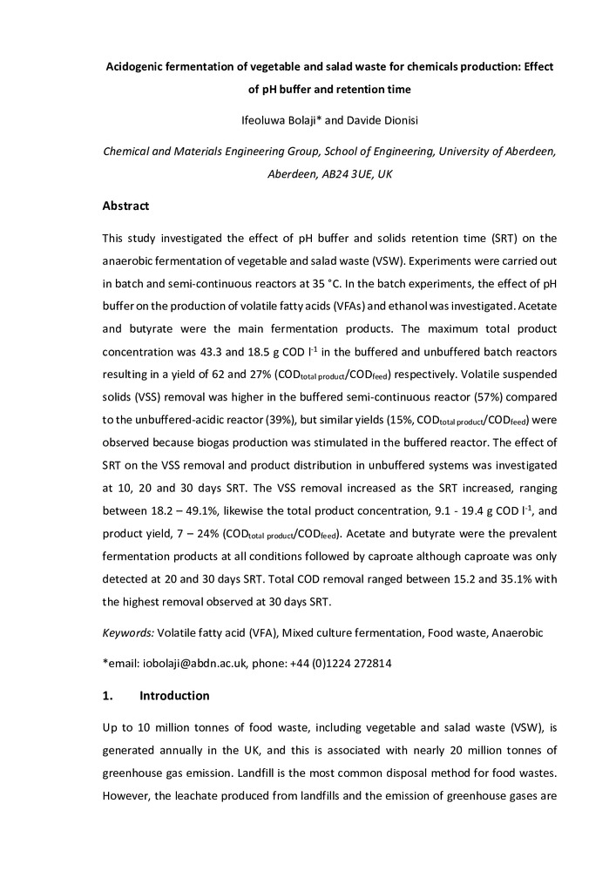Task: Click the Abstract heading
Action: point(126,206)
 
